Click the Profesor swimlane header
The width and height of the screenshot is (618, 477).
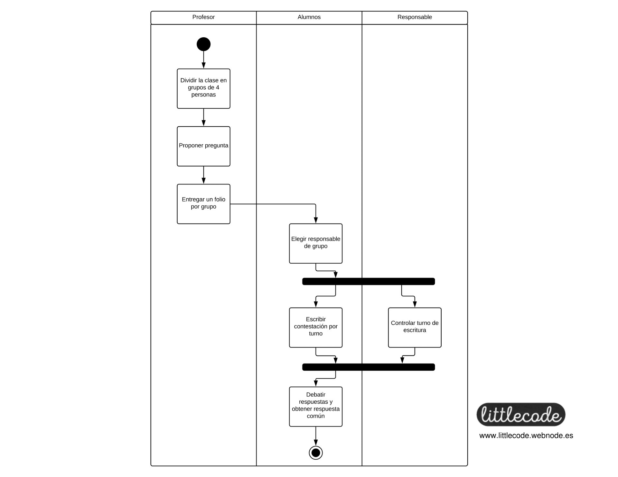click(203, 17)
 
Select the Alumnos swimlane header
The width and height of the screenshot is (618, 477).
click(309, 17)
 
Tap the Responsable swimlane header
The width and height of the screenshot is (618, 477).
click(415, 17)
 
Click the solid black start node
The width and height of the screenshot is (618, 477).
click(203, 44)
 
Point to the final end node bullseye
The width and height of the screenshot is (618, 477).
click(316, 453)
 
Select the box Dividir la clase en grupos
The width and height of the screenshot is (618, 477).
click(203, 88)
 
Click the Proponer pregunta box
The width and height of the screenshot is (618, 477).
click(203, 146)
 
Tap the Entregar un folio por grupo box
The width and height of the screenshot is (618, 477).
click(203, 204)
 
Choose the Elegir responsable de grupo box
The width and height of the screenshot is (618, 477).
click(316, 243)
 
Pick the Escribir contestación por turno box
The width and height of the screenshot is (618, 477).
click(316, 328)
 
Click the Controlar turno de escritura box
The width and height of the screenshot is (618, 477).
click(415, 328)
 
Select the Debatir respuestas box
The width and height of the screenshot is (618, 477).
click(316, 407)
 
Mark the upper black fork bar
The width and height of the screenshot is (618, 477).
click(369, 281)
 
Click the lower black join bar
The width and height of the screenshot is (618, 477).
click(369, 367)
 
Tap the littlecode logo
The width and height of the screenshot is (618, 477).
click(521, 414)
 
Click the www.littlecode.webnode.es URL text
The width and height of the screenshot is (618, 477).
click(526, 436)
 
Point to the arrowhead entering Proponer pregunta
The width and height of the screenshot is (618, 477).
click(203, 123)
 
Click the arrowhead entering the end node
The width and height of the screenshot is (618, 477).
click(316, 443)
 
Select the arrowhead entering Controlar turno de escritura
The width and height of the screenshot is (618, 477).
click(415, 304)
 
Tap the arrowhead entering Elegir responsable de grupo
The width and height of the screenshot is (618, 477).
click(316, 221)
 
